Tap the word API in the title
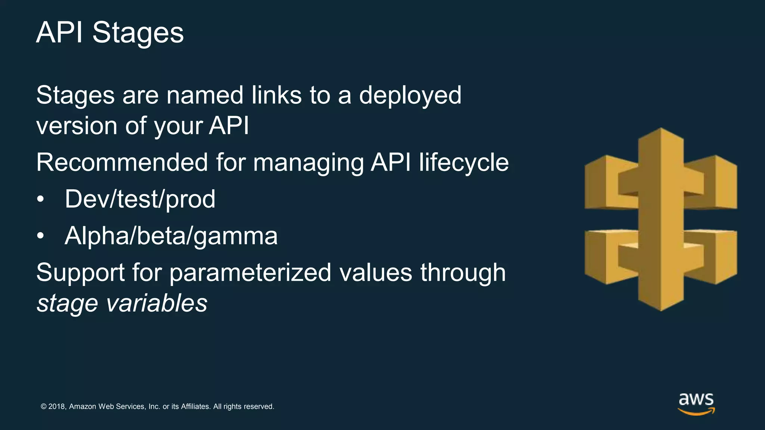point(59,33)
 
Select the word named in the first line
point(205,95)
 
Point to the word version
point(77,126)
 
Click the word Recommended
point(122,162)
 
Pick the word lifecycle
point(464,163)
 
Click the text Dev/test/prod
point(140,199)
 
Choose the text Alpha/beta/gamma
point(171,236)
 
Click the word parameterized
point(250,273)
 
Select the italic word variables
point(157,303)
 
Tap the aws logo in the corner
point(696,403)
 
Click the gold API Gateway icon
point(660,219)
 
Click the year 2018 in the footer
point(57,406)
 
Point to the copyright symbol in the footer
point(44,406)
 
